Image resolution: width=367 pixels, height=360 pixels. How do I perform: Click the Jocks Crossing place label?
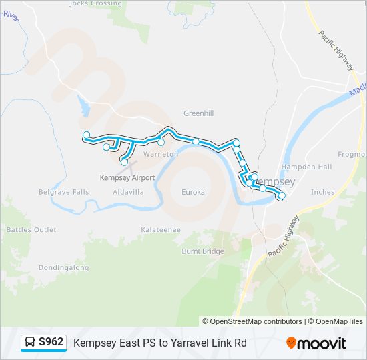(97, 3)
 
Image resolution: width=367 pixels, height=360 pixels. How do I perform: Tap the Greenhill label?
(199, 113)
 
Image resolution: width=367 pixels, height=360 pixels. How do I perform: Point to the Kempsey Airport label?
(127, 178)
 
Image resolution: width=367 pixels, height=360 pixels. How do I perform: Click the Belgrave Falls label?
(63, 192)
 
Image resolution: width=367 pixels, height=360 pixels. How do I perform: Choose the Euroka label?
(193, 192)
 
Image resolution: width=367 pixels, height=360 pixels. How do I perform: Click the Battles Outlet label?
(31, 230)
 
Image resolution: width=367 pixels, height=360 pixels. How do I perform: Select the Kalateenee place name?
(161, 230)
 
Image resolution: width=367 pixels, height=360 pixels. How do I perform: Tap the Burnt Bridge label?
(203, 251)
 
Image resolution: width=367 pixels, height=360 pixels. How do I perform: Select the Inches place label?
(323, 192)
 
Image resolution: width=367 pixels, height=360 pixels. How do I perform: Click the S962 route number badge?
(51, 342)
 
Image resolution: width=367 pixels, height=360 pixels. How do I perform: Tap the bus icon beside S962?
(30, 343)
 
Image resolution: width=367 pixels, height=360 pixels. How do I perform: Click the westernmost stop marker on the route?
(86, 135)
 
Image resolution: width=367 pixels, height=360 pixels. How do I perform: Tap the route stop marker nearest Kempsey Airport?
(124, 162)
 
